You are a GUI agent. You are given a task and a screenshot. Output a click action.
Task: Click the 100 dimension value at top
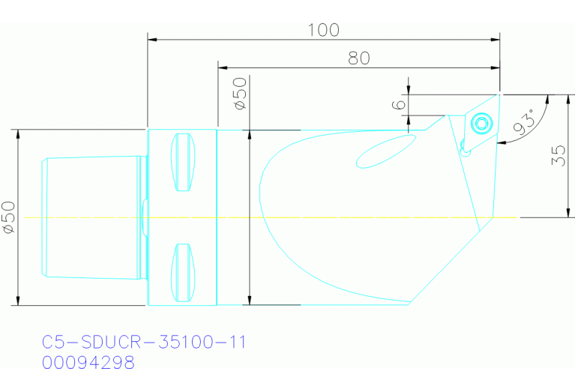(x=323, y=30)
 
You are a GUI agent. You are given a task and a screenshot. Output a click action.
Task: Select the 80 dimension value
(x=359, y=58)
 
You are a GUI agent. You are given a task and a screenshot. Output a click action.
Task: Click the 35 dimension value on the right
(x=559, y=155)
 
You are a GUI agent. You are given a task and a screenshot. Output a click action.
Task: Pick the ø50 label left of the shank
(x=8, y=217)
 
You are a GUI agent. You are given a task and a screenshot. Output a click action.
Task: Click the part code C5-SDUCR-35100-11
(x=144, y=343)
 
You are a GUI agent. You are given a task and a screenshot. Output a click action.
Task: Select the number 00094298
(x=88, y=363)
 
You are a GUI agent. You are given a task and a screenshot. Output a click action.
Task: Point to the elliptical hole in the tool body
(x=385, y=151)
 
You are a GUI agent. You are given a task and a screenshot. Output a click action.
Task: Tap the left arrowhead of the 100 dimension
(x=152, y=38)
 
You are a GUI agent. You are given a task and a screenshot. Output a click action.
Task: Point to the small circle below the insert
(x=466, y=151)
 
